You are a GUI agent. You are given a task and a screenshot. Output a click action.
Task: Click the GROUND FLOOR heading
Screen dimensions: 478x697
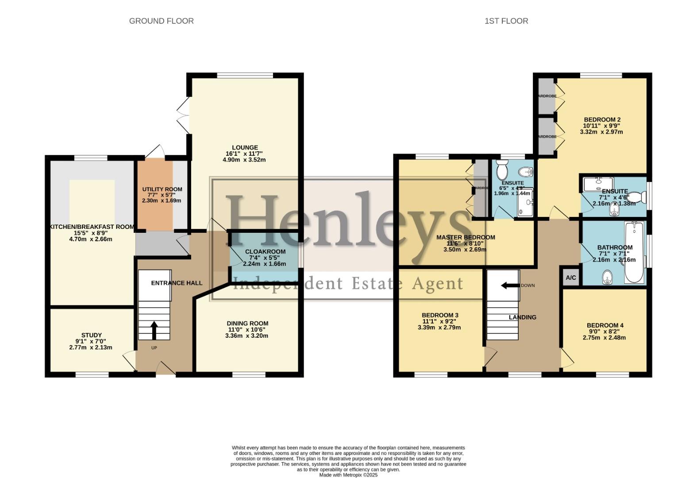point(161,21)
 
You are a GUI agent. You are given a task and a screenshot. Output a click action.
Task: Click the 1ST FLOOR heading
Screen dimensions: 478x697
point(506,21)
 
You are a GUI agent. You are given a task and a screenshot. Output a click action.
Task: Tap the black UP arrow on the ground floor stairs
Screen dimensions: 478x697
point(154,330)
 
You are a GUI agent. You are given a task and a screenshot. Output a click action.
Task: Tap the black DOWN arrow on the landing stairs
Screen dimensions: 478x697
point(510,285)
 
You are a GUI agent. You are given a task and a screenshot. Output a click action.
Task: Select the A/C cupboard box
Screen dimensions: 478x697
point(571,278)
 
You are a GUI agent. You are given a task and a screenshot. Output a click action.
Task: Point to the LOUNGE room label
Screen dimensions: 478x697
point(245,147)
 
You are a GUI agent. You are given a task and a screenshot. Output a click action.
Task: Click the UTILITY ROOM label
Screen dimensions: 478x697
point(162,189)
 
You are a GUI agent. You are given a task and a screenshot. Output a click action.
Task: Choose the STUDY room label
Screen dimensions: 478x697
point(92,335)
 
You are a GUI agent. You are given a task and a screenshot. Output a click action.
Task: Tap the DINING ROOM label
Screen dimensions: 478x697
point(247,324)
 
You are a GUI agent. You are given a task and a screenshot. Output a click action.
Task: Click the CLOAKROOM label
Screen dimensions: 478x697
point(265,251)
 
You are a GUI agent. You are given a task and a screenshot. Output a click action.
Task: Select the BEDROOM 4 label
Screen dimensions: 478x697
point(605,325)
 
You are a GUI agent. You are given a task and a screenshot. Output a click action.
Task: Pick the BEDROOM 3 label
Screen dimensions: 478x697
point(439,315)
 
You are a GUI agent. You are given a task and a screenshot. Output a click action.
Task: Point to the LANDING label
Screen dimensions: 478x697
point(522,317)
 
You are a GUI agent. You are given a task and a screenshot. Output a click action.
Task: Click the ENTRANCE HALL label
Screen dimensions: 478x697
point(177,283)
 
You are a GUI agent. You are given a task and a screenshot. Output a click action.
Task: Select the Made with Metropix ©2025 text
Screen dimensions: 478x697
point(348,475)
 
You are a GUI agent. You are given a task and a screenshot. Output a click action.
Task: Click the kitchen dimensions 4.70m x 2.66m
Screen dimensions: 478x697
point(91,239)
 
